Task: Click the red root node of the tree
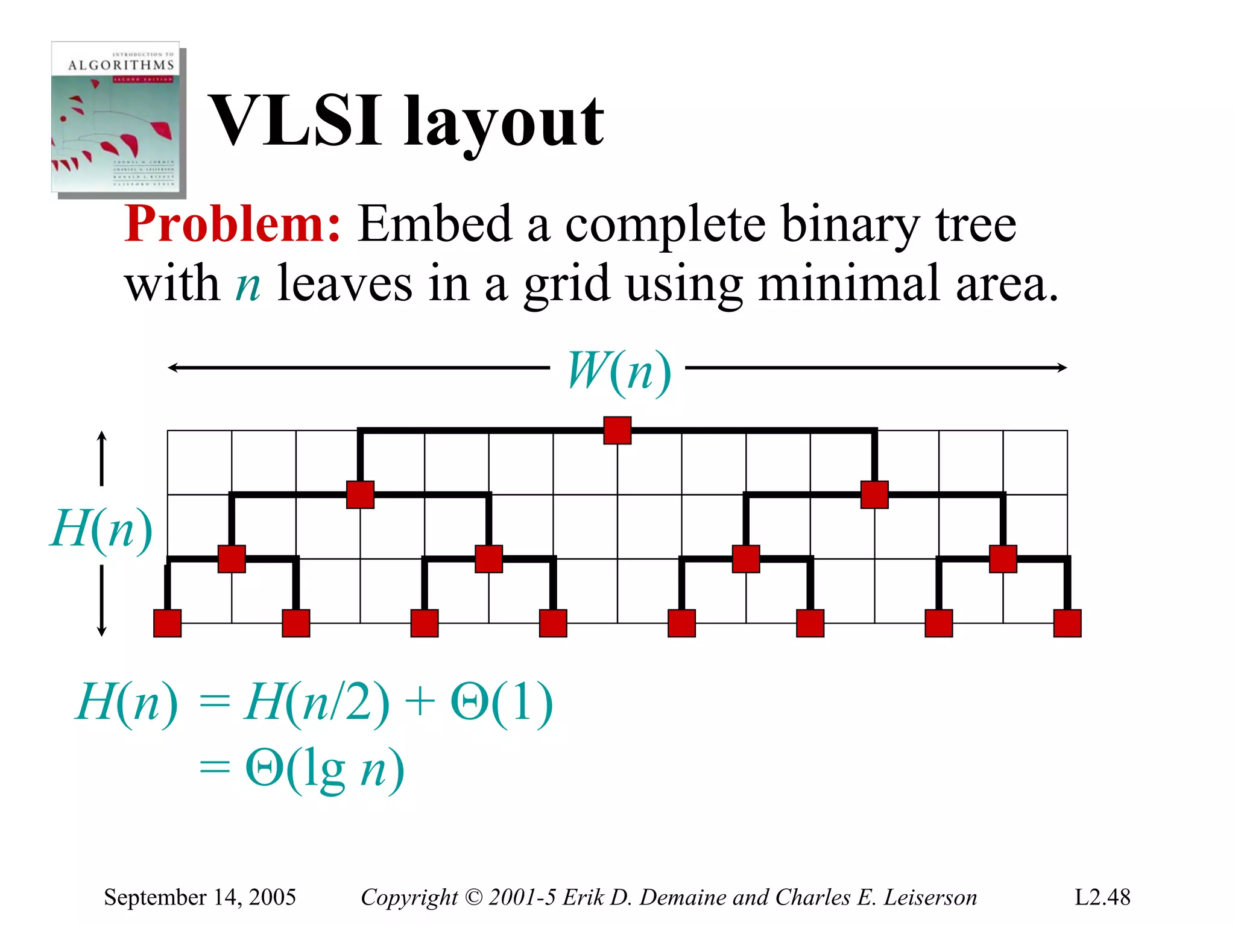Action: pyautogui.click(x=617, y=431)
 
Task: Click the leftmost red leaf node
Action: pyautogui.click(x=168, y=624)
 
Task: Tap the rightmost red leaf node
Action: pyautogui.click(x=1067, y=624)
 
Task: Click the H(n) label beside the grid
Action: pyautogui.click(x=101, y=529)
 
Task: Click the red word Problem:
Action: pyautogui.click(x=233, y=224)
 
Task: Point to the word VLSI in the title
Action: pyautogui.click(x=295, y=122)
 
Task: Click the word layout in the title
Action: pyautogui.click(x=504, y=124)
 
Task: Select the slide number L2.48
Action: pyautogui.click(x=1102, y=897)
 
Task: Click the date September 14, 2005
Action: pyautogui.click(x=200, y=897)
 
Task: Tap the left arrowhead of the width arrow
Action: pyautogui.click(x=172, y=368)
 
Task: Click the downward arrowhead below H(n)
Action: pyautogui.click(x=102, y=631)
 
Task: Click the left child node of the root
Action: pyautogui.click(x=361, y=494)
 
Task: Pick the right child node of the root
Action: pyautogui.click(x=874, y=494)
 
